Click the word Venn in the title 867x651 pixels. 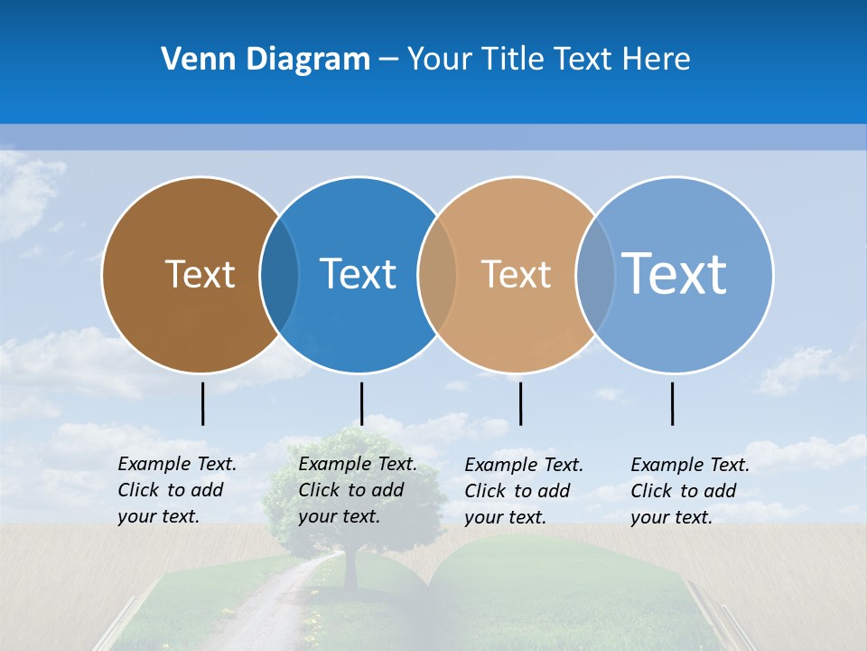tap(195, 60)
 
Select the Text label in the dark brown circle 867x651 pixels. tap(200, 274)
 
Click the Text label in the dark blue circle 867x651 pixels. tap(358, 274)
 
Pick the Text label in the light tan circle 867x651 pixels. tap(516, 274)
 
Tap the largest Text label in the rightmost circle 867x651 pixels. tap(675, 273)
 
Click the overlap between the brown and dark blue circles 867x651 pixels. tap(279, 275)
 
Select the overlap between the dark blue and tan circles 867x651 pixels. tap(437, 275)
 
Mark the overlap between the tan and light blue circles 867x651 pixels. tap(595, 275)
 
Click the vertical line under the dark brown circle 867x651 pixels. tap(203, 403)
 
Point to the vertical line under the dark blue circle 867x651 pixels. tap(361, 403)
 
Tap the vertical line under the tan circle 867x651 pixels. tap(520, 403)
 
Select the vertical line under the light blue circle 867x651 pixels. tap(673, 403)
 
